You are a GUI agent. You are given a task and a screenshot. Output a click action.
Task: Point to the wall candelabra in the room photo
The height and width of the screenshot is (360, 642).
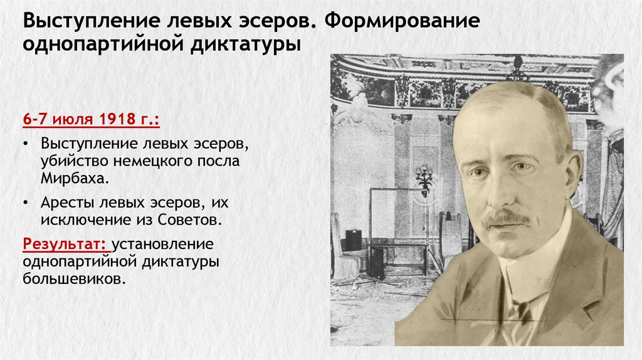coord(424,179)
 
